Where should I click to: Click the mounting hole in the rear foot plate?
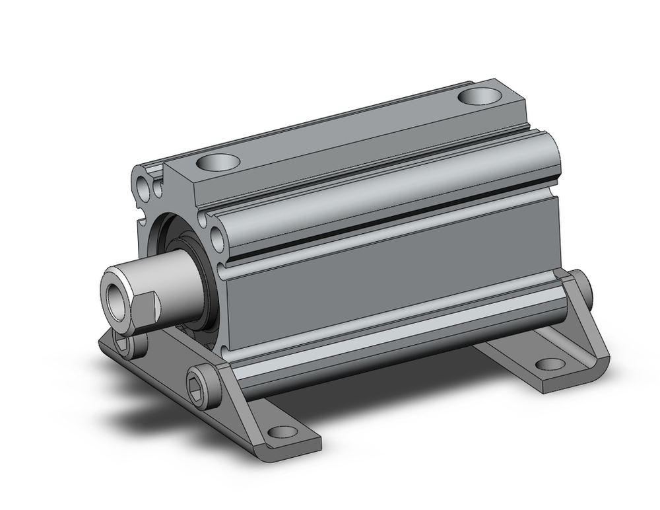547,363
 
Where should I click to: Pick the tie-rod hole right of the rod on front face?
217,235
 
